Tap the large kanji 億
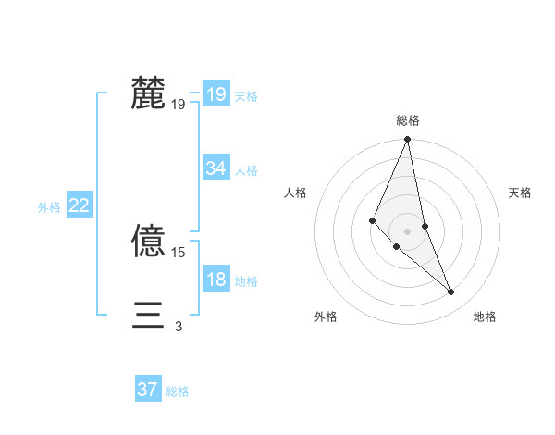pyautogui.click(x=149, y=242)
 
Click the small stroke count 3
pyautogui.click(x=179, y=327)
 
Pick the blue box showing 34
pyautogui.click(x=216, y=168)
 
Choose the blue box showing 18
pyautogui.click(x=216, y=280)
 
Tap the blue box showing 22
pyautogui.click(x=79, y=206)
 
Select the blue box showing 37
pyautogui.click(x=148, y=390)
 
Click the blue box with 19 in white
pyautogui.click(x=216, y=94)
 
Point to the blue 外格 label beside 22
pyautogui.click(x=49, y=207)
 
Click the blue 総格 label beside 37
pyautogui.click(x=178, y=391)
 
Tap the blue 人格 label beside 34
pyautogui.click(x=247, y=170)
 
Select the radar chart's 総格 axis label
pyautogui.click(x=408, y=120)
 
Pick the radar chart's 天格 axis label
pyautogui.click(x=521, y=193)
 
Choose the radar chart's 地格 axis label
pyautogui.click(x=485, y=317)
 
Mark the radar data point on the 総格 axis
pyautogui.click(x=408, y=140)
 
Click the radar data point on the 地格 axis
pyautogui.click(x=451, y=292)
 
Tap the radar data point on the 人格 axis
pyautogui.click(x=372, y=219)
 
